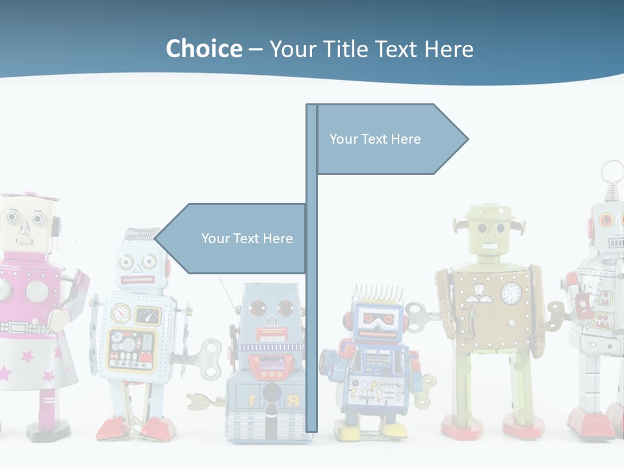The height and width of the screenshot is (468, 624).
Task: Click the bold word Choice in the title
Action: (x=203, y=49)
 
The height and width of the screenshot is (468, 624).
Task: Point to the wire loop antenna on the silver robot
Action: (x=611, y=172)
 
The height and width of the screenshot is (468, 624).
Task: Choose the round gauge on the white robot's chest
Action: (x=121, y=314)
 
